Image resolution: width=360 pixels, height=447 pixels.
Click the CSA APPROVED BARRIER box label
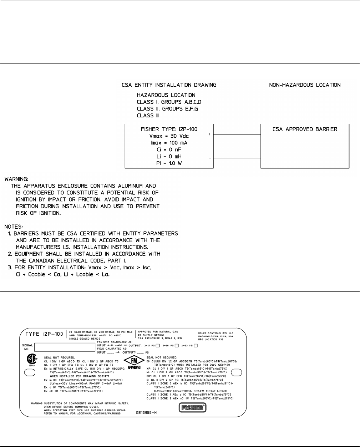pos(305,129)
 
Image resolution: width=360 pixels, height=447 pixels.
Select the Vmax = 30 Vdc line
pos(169,136)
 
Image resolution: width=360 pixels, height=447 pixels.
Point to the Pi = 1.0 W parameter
pos(169,163)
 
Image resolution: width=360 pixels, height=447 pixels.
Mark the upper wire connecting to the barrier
pos(237,135)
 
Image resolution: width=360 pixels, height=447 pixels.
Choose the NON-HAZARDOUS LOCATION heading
pos(305,85)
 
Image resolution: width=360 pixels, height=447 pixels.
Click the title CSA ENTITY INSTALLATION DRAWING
pos(169,85)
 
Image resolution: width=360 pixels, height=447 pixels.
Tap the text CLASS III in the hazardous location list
pos(148,116)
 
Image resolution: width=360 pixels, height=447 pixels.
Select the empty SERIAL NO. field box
pos(64,347)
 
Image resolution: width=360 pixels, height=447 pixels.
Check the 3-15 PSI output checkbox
pos(158,345)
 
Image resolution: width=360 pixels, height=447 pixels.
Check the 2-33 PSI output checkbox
pos(196,345)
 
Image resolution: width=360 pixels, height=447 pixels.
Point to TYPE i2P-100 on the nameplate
pos(44,334)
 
